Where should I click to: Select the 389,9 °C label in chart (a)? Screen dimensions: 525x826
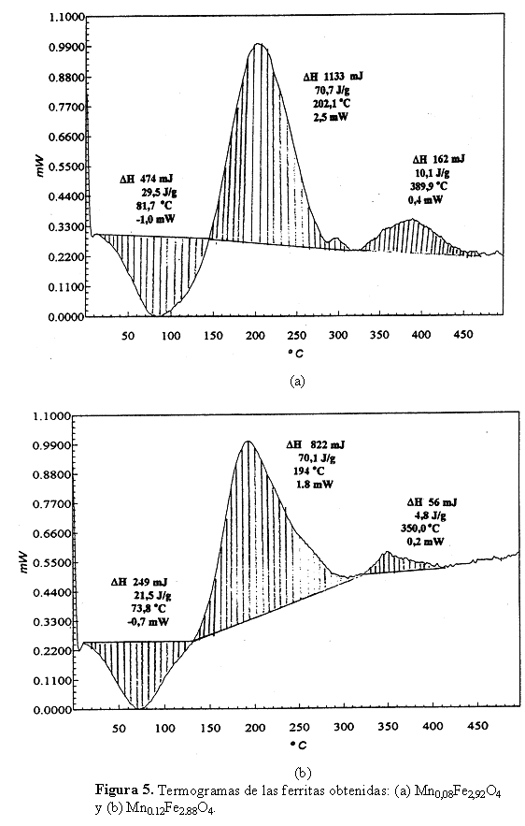430,186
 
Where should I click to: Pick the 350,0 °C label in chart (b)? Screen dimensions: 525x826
420,529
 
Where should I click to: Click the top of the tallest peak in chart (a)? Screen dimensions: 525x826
258,44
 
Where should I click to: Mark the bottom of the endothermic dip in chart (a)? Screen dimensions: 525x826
153,315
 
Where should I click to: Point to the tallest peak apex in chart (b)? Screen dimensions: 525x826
247,441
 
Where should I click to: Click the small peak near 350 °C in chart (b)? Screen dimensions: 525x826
388,552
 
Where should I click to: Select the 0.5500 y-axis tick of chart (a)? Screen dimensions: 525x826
66,167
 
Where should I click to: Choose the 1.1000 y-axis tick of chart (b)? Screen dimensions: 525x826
51,416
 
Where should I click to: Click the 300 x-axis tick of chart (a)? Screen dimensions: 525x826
338,335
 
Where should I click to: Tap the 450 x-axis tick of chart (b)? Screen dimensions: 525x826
477,727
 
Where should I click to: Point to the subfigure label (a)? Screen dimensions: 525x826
297,381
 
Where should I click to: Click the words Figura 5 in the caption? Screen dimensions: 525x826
124,790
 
